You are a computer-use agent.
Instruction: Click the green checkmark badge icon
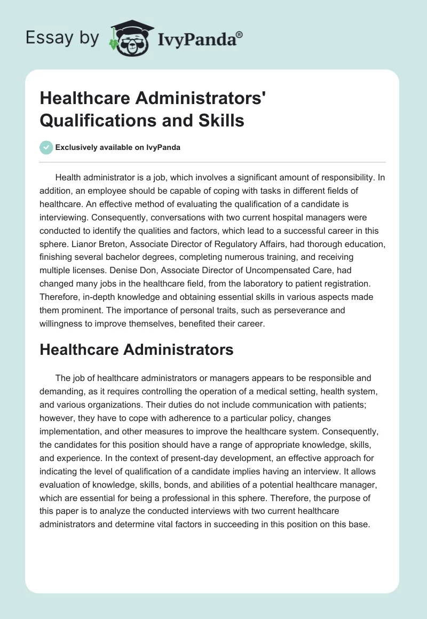pyautogui.click(x=46, y=147)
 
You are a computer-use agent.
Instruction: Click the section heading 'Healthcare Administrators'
pyautogui.click(x=137, y=350)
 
